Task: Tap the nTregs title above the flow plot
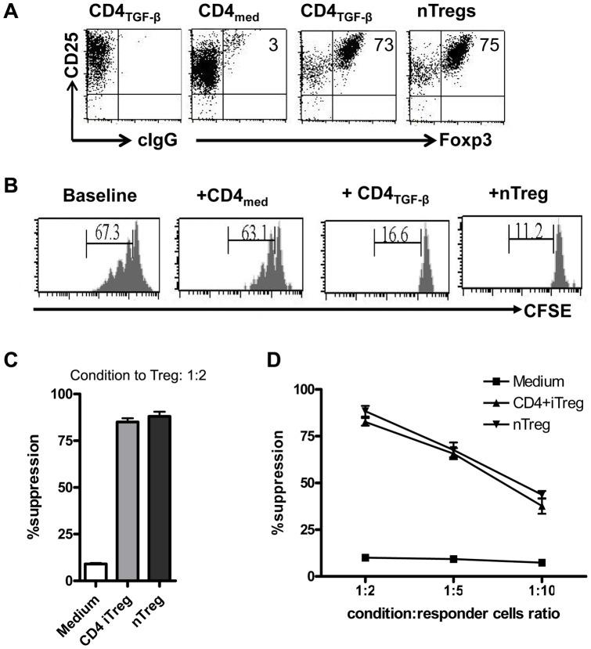(x=466, y=12)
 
